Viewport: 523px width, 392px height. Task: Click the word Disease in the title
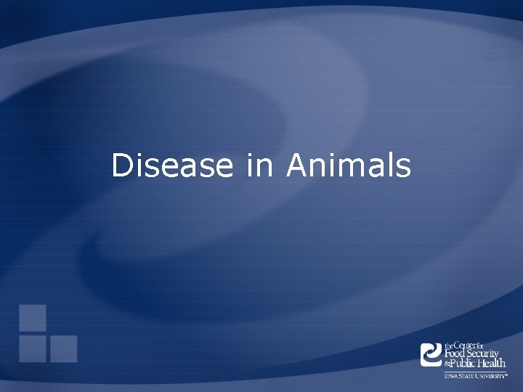coord(172,166)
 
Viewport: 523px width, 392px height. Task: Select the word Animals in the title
coord(349,166)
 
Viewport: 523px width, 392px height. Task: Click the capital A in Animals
coord(297,166)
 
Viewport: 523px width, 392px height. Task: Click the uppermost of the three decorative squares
coord(33,317)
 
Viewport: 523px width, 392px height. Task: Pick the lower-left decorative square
coord(33,348)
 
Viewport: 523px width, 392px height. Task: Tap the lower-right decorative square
coord(64,348)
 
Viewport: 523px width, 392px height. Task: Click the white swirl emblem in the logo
coord(431,354)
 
